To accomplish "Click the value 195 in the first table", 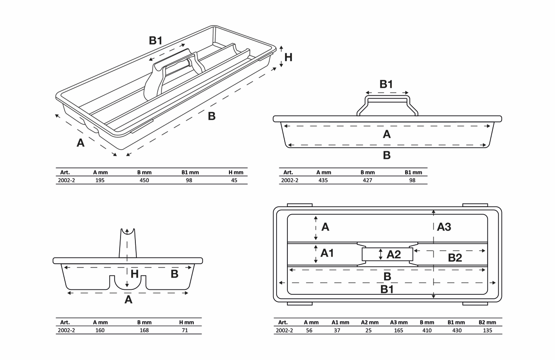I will pos(100,180).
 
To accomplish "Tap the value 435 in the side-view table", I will pos(323,180).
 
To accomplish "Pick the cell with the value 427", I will pos(367,180).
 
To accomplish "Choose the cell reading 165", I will pos(398,330).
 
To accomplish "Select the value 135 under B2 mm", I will pos(487,330).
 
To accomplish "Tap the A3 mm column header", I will pos(399,322).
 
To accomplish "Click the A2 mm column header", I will pos(370,322).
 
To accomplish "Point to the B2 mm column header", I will pos(487,322).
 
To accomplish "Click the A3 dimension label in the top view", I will pos(444,227).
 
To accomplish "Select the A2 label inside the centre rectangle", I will pos(394,255).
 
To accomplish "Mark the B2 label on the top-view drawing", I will pos(455,258).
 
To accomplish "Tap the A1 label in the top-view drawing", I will pos(327,253).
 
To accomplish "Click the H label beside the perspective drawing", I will pos(288,57).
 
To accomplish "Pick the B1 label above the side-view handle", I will pos(386,84).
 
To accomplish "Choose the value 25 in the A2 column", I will pos(369,330).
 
